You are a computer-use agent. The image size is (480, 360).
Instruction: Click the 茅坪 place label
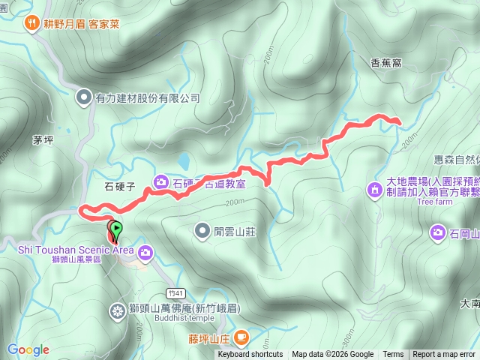pyautogui.click(x=43, y=140)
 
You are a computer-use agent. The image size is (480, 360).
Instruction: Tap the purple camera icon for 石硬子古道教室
pyautogui.click(x=161, y=181)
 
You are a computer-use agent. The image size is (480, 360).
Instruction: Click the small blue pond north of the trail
pyautogui.click(x=183, y=160)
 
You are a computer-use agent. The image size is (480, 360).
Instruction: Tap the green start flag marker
pyautogui.click(x=116, y=227)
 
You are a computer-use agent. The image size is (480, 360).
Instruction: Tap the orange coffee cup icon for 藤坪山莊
pyautogui.click(x=241, y=338)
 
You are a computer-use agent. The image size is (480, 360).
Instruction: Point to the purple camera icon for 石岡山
pyautogui.click(x=438, y=234)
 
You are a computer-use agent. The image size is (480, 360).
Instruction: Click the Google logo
pyautogui.click(x=28, y=349)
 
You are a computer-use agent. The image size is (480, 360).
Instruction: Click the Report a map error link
pyautogui.click(x=445, y=355)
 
